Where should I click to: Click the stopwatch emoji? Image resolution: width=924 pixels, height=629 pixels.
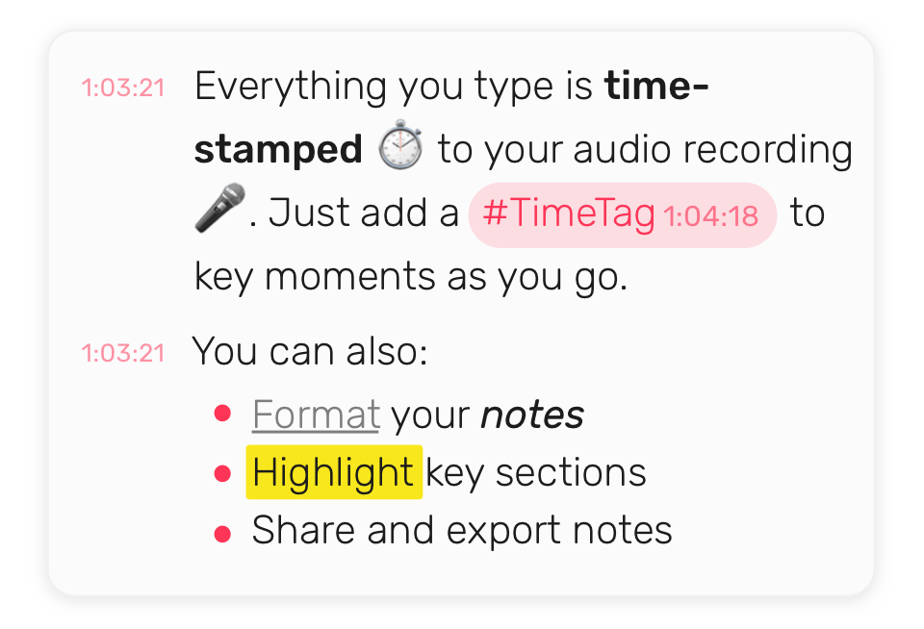(399, 144)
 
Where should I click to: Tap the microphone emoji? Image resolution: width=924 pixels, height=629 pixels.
(219, 208)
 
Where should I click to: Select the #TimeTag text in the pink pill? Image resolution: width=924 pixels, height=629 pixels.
(569, 214)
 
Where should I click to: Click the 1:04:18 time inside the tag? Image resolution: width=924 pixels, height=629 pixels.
(710, 216)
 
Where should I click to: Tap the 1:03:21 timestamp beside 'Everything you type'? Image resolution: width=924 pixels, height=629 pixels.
(122, 88)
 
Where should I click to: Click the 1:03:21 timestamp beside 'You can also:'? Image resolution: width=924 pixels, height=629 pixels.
(122, 353)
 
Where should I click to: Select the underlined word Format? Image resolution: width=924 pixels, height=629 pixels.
(316, 415)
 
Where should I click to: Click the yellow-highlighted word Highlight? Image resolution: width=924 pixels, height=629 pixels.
(334, 472)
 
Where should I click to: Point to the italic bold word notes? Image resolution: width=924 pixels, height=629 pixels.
(532, 415)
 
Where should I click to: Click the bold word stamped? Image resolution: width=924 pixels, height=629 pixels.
(278, 150)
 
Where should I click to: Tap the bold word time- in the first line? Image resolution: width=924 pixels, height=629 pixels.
(656, 86)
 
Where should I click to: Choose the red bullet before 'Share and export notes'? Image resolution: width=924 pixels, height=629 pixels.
(222, 534)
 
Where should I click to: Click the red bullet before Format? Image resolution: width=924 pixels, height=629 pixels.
(222, 414)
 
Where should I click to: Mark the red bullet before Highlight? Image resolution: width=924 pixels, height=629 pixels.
(222, 473)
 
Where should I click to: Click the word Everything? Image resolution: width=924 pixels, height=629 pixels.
(291, 88)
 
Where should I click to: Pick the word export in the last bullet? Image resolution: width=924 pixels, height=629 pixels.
(503, 531)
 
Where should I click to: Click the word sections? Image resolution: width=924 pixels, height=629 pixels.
(571, 473)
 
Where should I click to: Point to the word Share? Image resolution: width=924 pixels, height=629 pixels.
(303, 530)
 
